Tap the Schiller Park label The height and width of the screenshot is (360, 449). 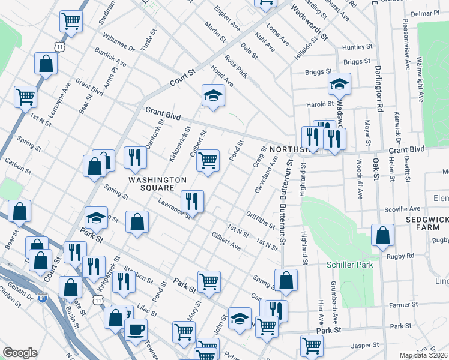click(x=349, y=265)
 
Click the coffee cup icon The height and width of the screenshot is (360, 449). click(x=136, y=330)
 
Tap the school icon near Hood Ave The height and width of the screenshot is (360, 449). click(x=212, y=95)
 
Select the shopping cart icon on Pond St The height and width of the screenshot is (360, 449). click(x=208, y=160)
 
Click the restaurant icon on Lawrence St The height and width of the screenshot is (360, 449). click(x=193, y=201)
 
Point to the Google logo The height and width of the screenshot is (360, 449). click(x=20, y=353)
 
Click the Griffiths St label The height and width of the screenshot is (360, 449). click(x=260, y=220)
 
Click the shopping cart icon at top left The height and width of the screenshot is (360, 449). click(x=71, y=22)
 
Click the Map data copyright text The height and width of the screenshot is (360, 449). click(x=424, y=355)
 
